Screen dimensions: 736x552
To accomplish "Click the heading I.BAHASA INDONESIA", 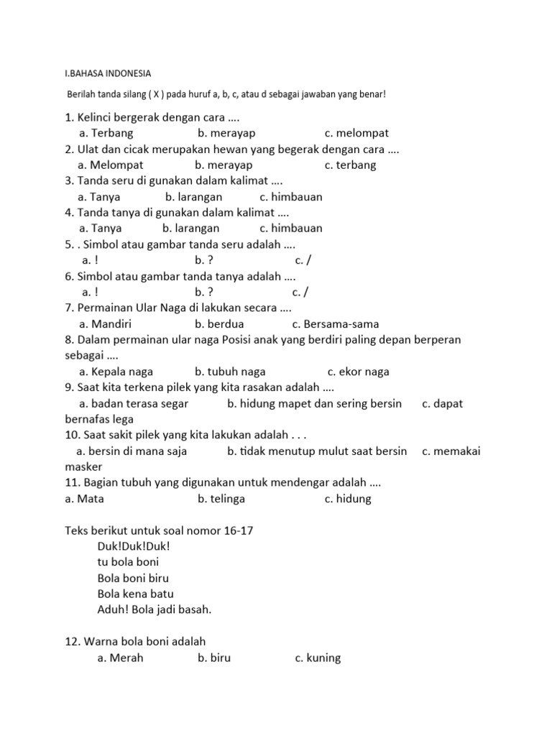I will (108, 73).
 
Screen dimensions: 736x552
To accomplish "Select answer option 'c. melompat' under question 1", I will (356, 133).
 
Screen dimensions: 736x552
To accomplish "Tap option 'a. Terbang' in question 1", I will (106, 133).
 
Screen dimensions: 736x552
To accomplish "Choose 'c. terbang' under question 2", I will (350, 165).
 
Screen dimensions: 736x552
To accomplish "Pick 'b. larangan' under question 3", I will (193, 196).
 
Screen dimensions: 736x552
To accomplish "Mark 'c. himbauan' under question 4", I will (291, 228).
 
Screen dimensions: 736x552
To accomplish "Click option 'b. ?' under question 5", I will (204, 259).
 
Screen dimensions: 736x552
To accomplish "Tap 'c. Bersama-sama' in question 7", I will (336, 323).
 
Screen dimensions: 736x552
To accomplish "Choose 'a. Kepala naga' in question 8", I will (116, 372).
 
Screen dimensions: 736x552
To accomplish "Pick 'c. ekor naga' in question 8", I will (358, 372).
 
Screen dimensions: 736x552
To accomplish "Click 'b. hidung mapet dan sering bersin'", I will (314, 403).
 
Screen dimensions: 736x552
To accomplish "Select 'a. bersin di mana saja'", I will (132, 451).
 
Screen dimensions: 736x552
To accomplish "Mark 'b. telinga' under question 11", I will (221, 498).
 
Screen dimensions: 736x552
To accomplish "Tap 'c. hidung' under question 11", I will (348, 498).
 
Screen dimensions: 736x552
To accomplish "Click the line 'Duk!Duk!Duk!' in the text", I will (133, 546).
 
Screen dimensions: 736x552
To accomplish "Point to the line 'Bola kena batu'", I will (135, 594).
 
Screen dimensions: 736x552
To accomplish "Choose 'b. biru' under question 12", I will (214, 658).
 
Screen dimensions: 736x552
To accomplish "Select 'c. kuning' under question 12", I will (318, 658).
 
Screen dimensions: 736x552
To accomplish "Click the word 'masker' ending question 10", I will (84, 466).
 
